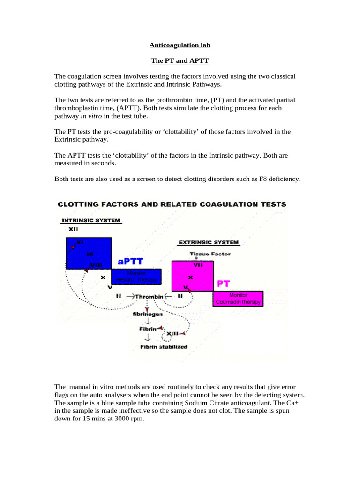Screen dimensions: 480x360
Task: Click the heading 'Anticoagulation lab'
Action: (180, 45)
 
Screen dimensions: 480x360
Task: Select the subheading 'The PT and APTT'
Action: (180, 61)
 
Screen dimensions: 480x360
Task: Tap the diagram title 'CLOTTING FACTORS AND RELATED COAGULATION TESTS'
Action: (172, 204)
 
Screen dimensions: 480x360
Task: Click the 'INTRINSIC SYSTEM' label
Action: (90, 220)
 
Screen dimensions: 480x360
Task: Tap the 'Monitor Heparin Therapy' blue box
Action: (136, 277)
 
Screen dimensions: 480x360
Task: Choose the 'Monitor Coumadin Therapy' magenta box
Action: (238, 299)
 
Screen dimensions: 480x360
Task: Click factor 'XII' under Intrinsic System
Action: (74, 229)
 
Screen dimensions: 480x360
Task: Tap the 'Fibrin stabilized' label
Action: (164, 347)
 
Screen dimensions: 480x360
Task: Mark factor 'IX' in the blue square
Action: (90, 254)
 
